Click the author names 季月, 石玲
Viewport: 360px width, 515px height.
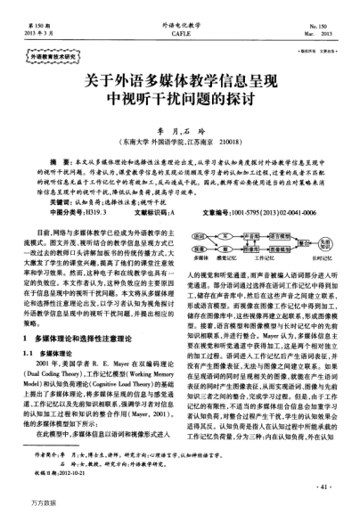[x=180, y=127]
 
